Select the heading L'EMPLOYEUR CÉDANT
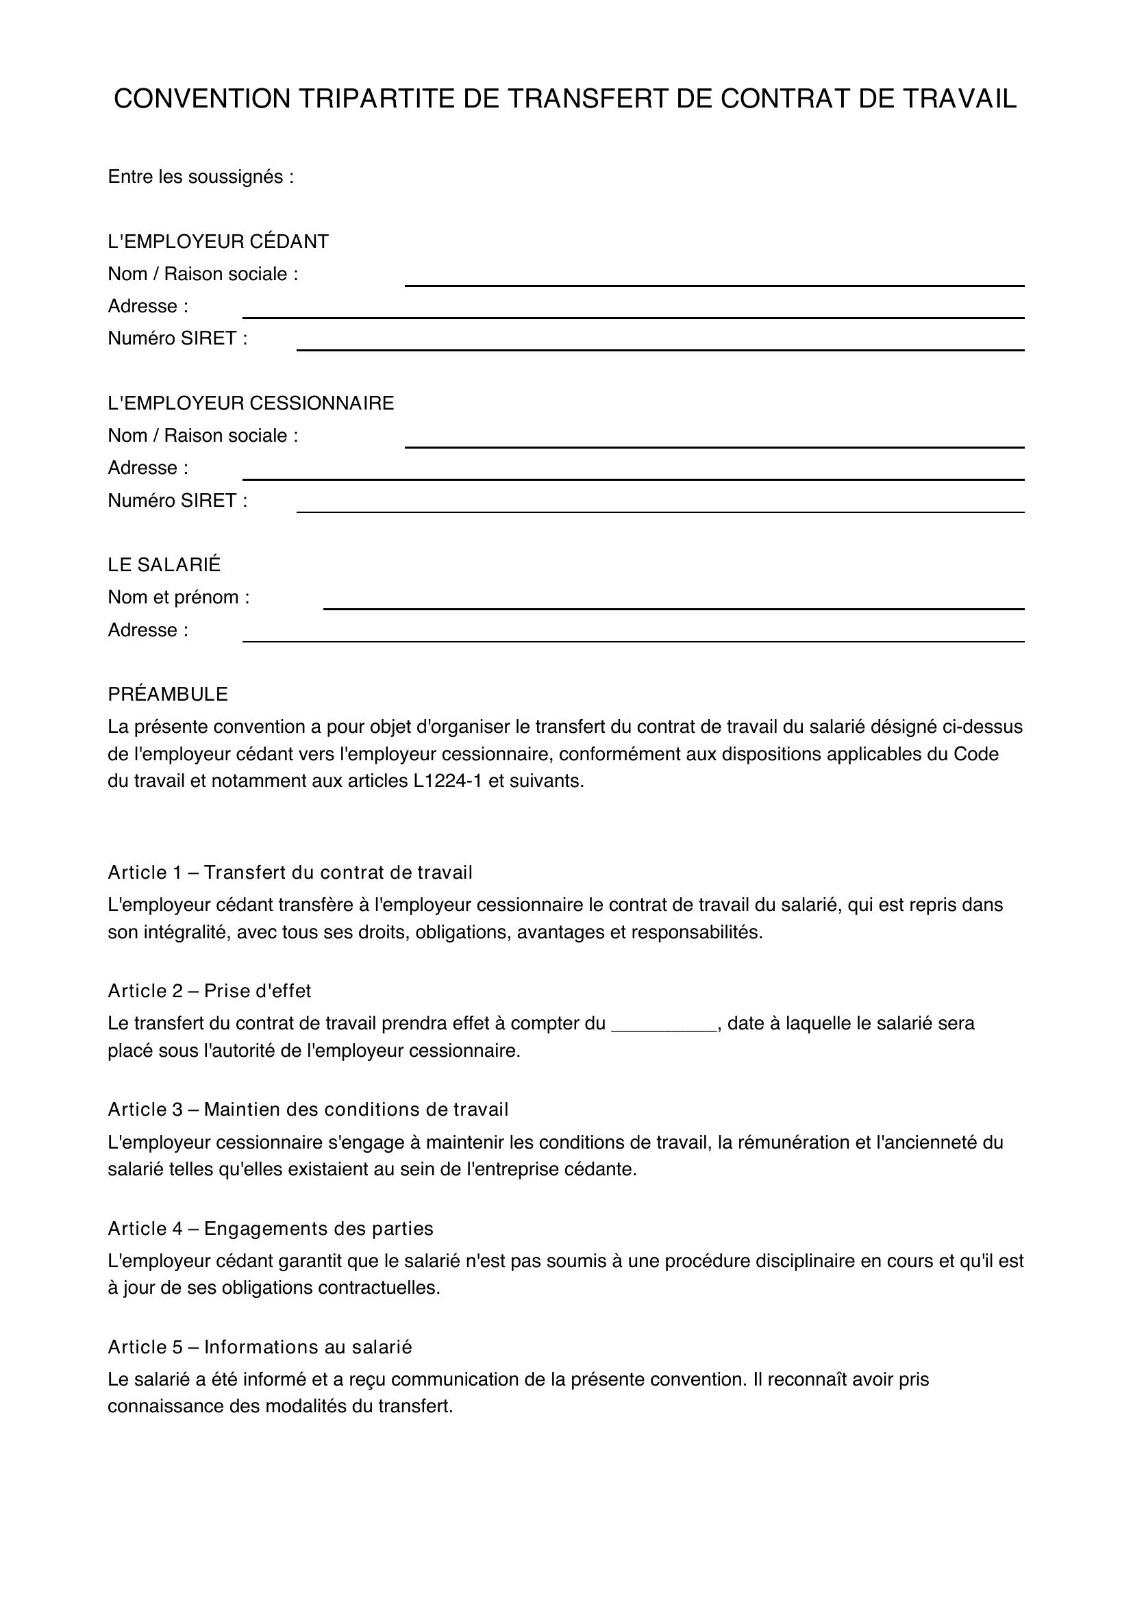[218, 241]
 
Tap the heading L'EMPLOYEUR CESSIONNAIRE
[251, 403]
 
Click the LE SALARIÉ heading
[164, 564]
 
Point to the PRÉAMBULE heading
[167, 694]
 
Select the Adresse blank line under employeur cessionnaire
[633, 478]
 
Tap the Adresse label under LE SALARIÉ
[148, 630]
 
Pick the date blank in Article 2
[664, 1023]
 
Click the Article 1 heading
[290, 872]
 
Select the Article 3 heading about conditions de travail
[308, 1110]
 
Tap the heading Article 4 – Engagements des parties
[270, 1228]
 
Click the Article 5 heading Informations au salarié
[260, 1347]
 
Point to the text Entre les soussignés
[200, 177]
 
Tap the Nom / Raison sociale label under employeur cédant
[202, 274]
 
